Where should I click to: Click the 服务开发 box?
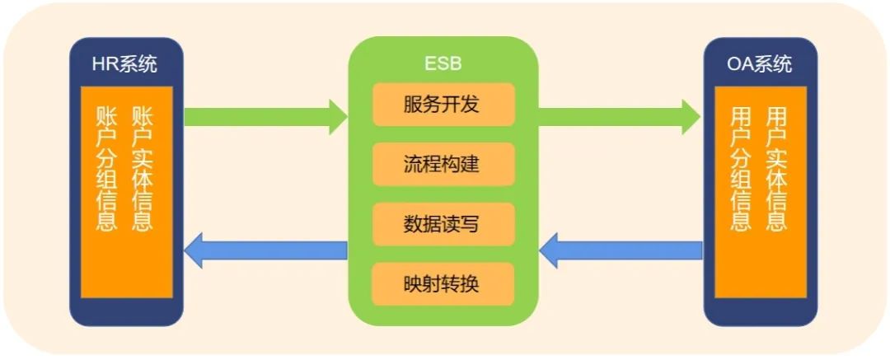coord(443,105)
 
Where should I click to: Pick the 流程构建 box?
coord(443,164)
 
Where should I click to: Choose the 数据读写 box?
coord(443,224)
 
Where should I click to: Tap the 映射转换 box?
coord(443,284)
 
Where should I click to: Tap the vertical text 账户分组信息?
coord(107,168)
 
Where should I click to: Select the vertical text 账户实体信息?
coord(143,168)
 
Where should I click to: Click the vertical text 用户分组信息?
coord(741,168)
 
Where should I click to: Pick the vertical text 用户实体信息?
coord(776,168)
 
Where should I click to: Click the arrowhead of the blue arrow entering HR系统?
coord(194,250)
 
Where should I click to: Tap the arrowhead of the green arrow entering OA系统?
coord(691,116)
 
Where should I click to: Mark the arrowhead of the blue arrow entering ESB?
coord(550,250)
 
